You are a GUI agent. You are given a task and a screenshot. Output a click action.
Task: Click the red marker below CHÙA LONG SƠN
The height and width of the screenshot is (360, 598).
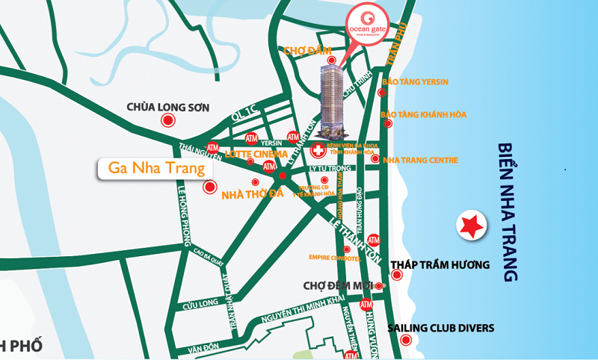tap(168, 120)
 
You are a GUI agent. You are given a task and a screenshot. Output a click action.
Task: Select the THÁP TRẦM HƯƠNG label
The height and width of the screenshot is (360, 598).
tap(440, 264)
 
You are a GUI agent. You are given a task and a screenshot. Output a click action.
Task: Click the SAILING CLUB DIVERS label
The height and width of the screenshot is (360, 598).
tap(440, 328)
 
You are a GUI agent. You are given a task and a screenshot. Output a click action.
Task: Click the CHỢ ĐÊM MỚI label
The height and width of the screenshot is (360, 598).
tap(338, 285)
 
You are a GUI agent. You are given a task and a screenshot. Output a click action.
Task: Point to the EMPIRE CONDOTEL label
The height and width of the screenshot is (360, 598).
tap(334, 258)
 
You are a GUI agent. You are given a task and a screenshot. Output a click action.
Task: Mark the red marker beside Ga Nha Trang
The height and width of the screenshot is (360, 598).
tap(209, 188)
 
